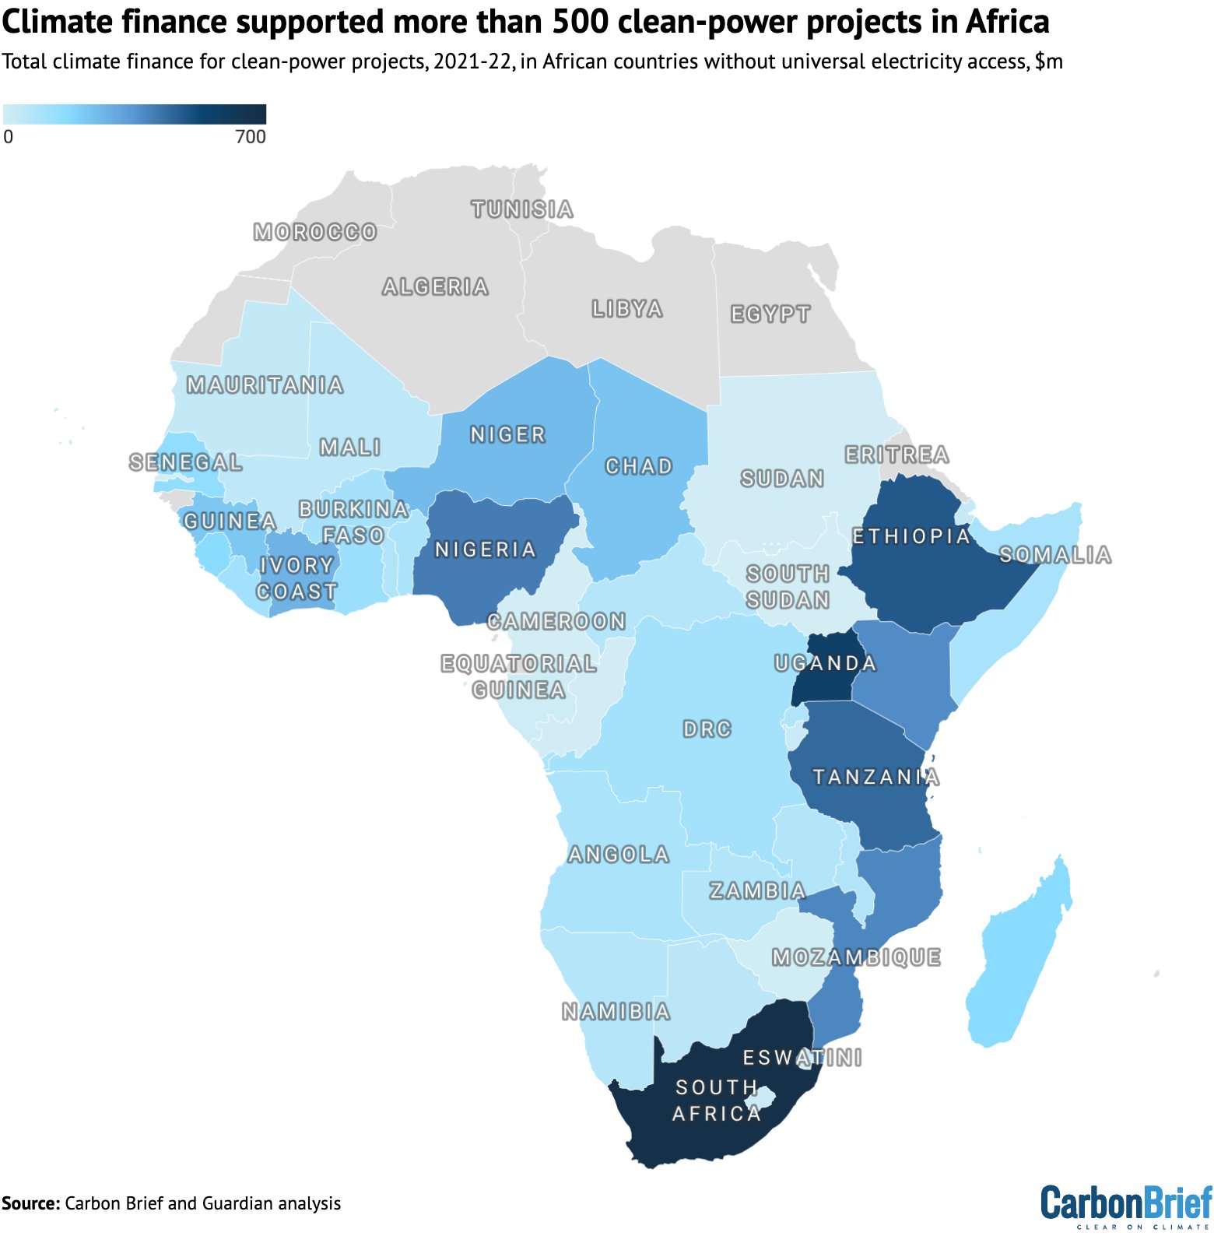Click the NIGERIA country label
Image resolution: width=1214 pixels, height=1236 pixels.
tap(486, 550)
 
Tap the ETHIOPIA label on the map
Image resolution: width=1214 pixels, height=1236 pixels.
tap(911, 535)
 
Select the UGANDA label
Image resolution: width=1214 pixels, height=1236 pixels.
tap(826, 663)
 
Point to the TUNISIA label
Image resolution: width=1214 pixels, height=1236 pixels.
tap(522, 209)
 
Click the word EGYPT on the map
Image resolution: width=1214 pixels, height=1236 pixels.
tap(770, 314)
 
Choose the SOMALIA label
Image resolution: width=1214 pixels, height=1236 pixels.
tap(1055, 555)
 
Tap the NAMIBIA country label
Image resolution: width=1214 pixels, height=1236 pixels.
tap(616, 1011)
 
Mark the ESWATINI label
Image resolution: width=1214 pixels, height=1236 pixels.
tap(802, 1057)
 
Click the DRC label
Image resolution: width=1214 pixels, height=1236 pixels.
tap(707, 729)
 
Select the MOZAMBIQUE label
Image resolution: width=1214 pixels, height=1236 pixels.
tap(857, 957)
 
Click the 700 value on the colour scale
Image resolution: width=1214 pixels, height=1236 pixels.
tap(251, 137)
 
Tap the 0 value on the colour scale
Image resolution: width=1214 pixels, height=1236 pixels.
tap(9, 137)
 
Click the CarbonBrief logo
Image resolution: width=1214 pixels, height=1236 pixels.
tap(1126, 1204)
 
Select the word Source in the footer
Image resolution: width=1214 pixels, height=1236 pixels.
tap(30, 1203)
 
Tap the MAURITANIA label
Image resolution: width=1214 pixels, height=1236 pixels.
tap(265, 384)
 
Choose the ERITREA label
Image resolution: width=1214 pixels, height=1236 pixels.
tap(897, 455)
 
